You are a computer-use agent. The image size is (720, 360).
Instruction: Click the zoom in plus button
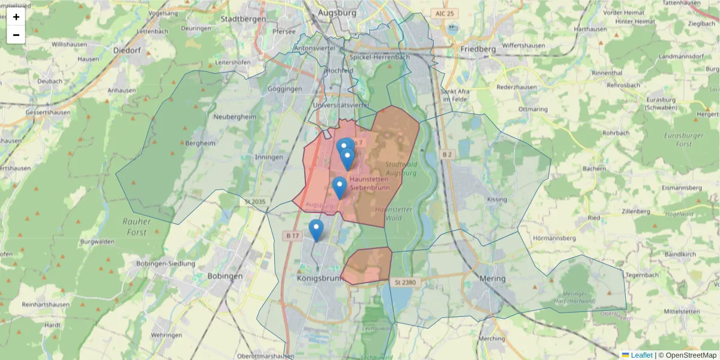(16, 17)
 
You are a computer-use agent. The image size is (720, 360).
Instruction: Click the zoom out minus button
(16, 35)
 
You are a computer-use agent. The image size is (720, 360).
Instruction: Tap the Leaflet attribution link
(641, 355)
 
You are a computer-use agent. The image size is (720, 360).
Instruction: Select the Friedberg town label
(478, 49)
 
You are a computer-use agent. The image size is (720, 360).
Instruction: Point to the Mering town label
(493, 278)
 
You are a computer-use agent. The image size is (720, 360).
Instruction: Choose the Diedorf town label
(127, 50)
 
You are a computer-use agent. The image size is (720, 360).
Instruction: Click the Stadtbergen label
(243, 19)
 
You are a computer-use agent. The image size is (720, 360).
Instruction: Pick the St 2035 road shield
(254, 202)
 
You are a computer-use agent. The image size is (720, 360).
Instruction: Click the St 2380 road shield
(406, 281)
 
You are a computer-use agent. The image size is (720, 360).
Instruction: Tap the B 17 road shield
(292, 236)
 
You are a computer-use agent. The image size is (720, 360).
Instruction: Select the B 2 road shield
(446, 155)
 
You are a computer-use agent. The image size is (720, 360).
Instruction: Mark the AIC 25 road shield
(445, 13)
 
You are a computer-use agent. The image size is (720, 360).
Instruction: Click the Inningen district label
(269, 157)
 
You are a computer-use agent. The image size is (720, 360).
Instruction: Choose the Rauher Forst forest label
(137, 226)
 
